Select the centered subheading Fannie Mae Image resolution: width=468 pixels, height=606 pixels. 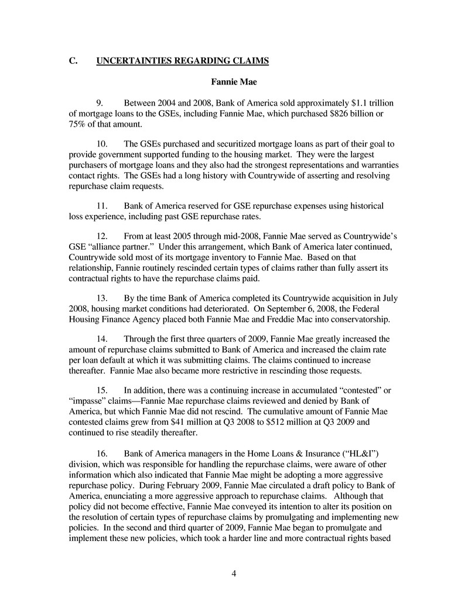click(234, 81)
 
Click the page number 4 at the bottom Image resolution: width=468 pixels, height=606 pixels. click(234, 573)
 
